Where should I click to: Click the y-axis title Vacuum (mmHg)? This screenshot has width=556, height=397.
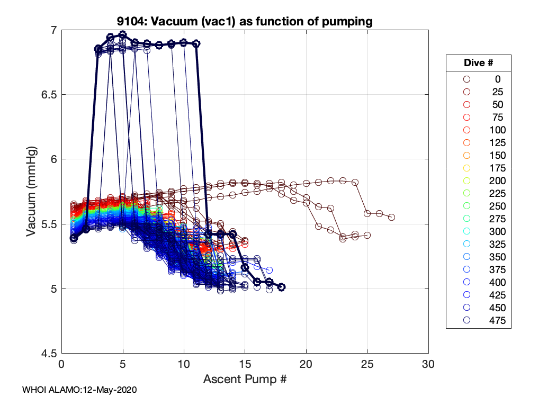(x=32, y=191)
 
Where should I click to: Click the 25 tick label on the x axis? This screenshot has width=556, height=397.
(x=367, y=365)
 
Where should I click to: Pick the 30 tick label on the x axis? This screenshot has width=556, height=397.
(x=428, y=365)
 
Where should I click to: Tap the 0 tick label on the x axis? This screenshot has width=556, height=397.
(x=61, y=365)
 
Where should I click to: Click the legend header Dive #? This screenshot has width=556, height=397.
(x=478, y=62)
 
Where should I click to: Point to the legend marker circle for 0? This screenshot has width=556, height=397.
(x=467, y=79)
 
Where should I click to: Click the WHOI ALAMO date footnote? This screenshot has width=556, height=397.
(x=79, y=390)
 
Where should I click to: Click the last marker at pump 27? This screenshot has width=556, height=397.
(x=392, y=217)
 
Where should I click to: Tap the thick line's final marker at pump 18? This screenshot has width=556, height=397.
(x=282, y=287)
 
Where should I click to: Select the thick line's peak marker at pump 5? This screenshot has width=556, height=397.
(x=123, y=34)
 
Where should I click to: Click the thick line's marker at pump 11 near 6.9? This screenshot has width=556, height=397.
(x=196, y=43)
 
